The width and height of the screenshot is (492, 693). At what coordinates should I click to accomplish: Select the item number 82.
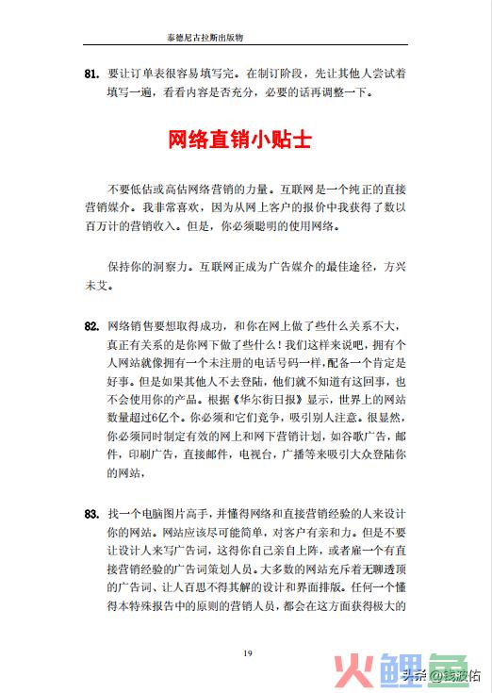click(x=91, y=326)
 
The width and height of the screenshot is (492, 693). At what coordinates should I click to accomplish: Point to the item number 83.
click(x=91, y=514)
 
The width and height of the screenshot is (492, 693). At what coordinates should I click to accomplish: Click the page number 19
click(x=246, y=653)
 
